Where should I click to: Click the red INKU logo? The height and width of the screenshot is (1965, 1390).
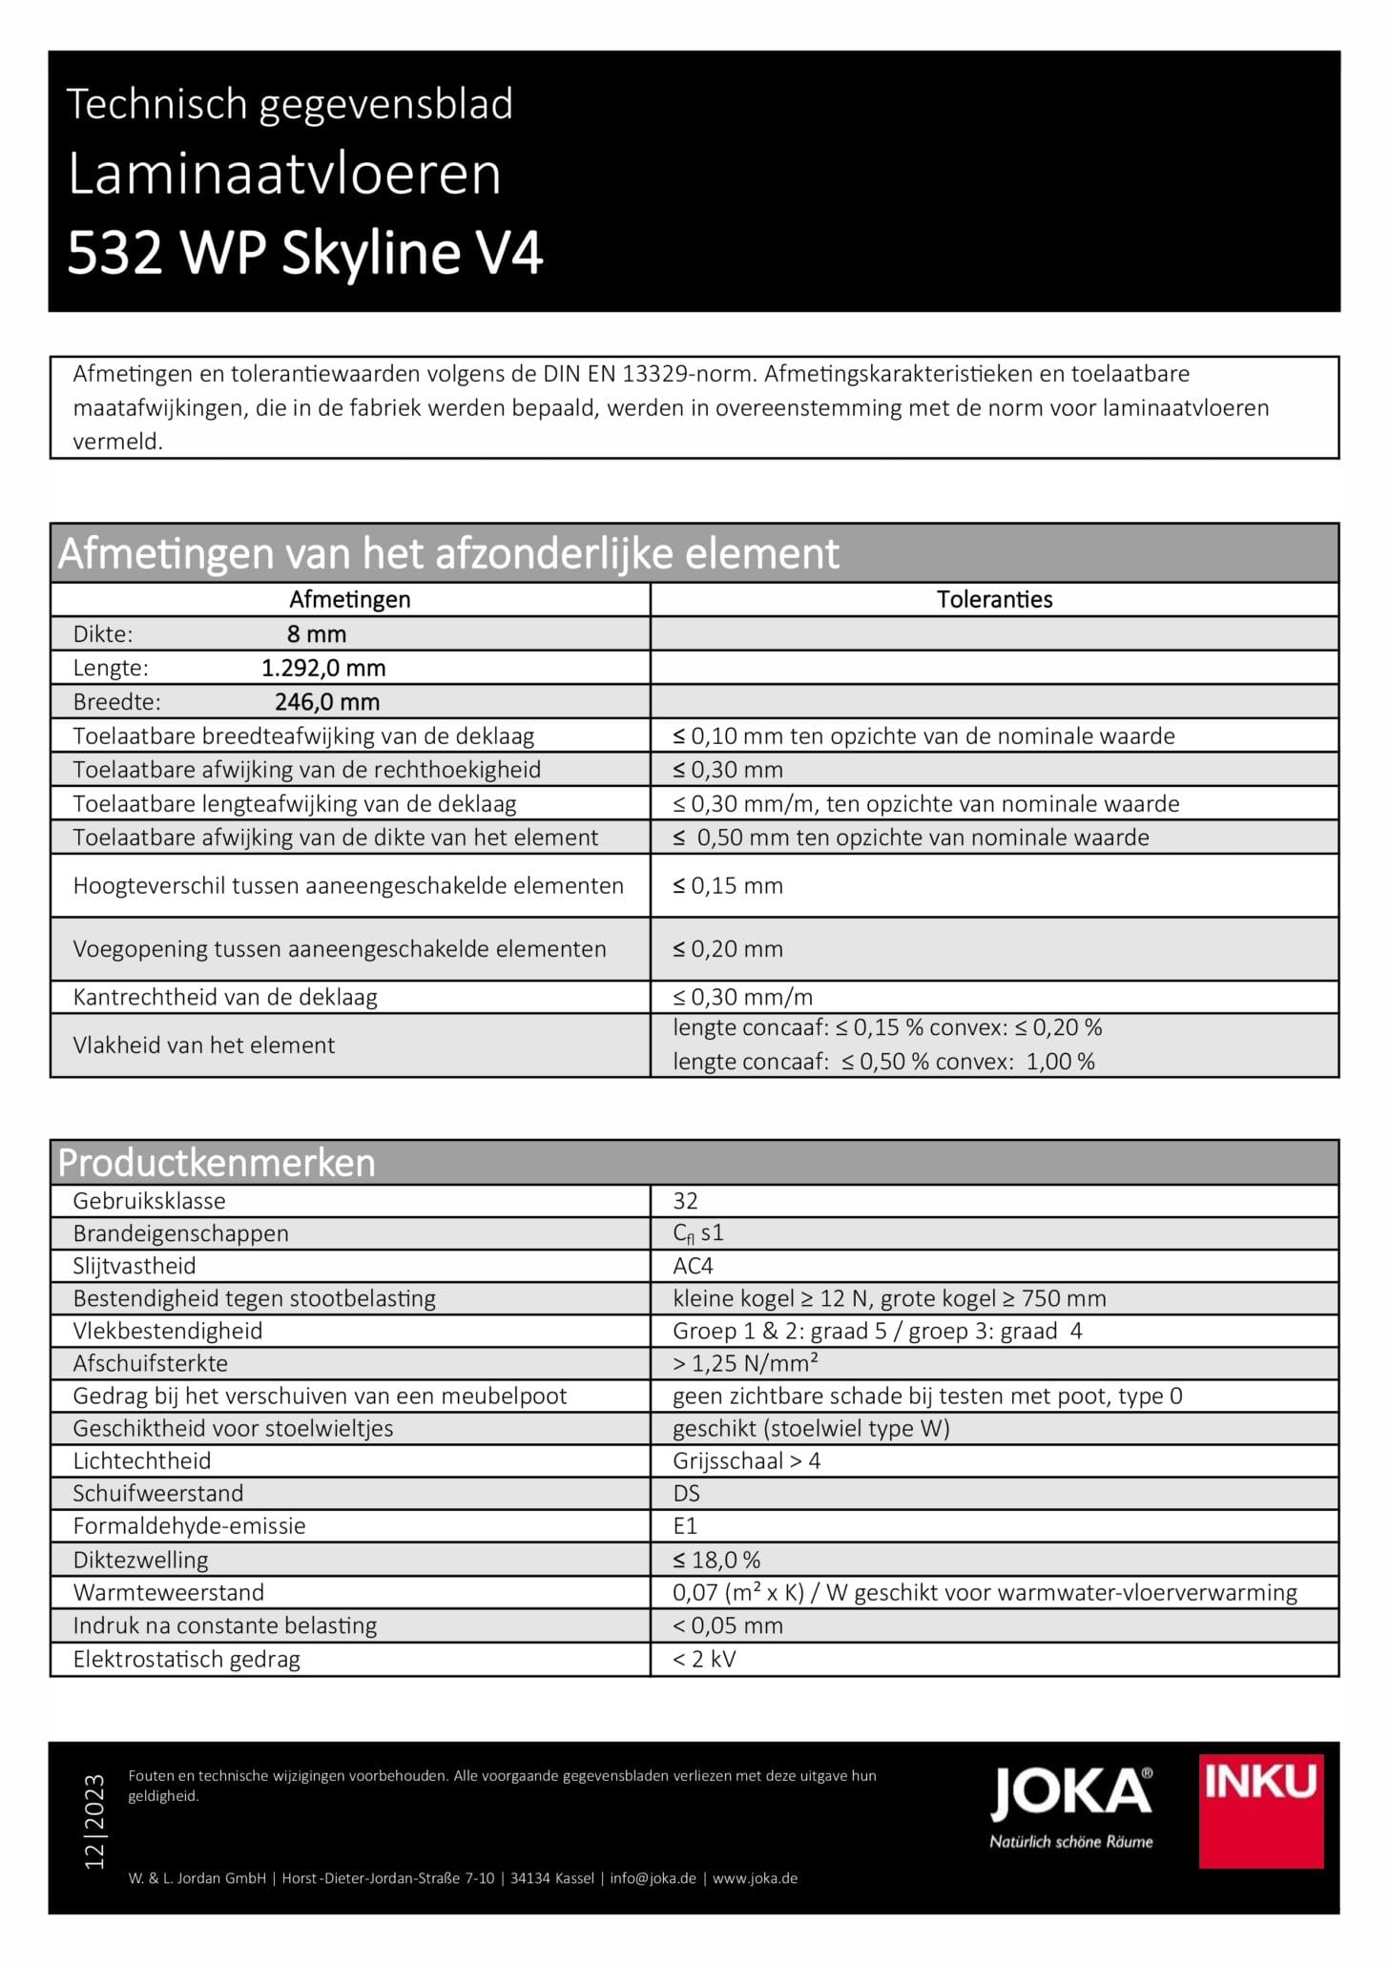click(x=1260, y=1810)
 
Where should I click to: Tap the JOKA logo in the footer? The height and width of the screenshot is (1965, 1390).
click(x=1071, y=1807)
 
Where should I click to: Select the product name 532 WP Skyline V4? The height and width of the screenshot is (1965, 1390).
click(x=305, y=254)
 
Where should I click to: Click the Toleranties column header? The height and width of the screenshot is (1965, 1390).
click(x=994, y=599)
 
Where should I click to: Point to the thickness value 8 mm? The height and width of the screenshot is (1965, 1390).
click(x=317, y=634)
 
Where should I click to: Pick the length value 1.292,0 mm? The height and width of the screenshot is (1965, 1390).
click(x=323, y=668)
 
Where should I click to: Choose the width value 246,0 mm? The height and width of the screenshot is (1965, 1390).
click(x=327, y=702)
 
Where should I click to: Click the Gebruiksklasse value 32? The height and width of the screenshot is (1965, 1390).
click(x=685, y=1201)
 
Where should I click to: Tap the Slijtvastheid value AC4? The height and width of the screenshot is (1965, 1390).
click(x=693, y=1266)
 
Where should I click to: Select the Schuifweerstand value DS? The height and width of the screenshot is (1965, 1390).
click(x=686, y=1493)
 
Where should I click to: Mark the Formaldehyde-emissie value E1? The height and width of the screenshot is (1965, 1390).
click(x=685, y=1525)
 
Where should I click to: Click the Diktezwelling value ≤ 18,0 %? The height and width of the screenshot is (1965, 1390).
click(x=716, y=1560)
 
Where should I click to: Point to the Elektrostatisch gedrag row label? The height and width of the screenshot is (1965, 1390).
click(x=186, y=1659)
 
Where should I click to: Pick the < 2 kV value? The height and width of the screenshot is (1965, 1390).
click(x=704, y=1659)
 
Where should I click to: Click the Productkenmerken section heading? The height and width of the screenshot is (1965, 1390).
click(x=217, y=1163)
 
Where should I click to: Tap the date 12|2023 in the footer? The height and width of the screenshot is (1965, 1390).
click(x=94, y=1821)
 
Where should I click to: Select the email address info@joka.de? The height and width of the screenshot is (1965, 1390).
click(x=653, y=1878)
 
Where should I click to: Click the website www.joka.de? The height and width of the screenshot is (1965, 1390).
click(x=755, y=1878)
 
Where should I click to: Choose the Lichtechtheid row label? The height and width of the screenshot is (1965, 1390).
click(x=142, y=1460)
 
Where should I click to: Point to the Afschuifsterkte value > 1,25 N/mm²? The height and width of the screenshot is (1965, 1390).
click(x=745, y=1363)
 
